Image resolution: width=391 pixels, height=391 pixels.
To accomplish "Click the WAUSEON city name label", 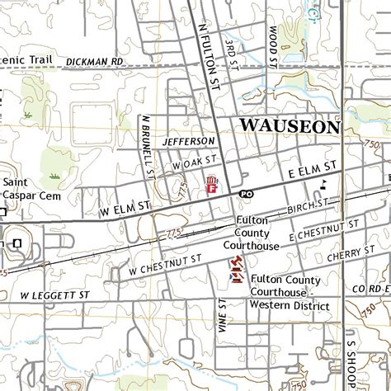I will pos(290,126).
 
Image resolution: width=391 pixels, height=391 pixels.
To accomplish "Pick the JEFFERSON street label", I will pos(188,142).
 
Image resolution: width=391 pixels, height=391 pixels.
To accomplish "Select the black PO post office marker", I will pos(245,193).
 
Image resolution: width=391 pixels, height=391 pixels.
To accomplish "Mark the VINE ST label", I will pos(222,314).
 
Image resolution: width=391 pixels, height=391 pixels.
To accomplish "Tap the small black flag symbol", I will pos(324,184).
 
